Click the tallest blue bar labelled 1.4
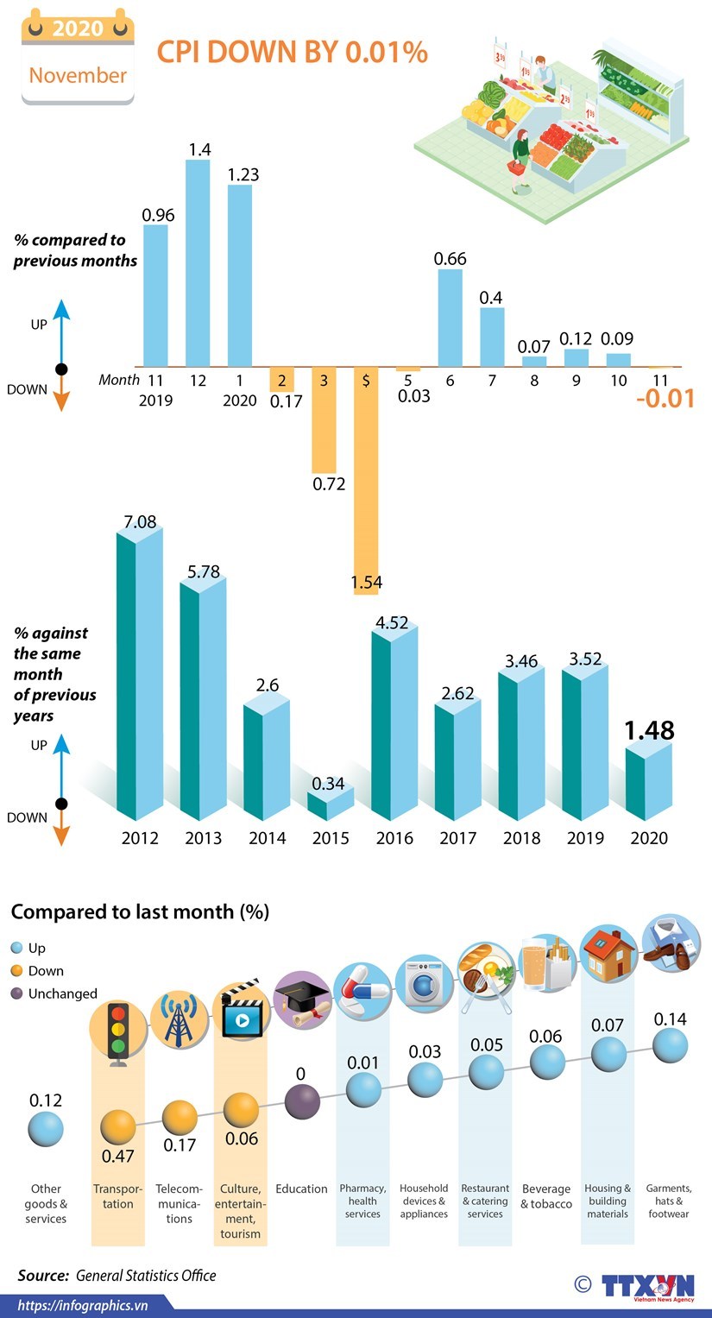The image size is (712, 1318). [x=198, y=263]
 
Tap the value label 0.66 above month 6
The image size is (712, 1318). [x=450, y=258]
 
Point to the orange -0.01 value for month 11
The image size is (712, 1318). [x=665, y=399]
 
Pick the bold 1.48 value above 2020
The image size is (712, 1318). [x=649, y=730]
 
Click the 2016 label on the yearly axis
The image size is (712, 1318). [x=394, y=838]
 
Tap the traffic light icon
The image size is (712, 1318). [x=117, y=1031]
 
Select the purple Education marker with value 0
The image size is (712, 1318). [x=302, y=1102]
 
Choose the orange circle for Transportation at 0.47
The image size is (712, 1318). [x=117, y=1126]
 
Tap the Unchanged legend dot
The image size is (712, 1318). [x=16, y=993]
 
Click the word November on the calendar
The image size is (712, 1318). [x=78, y=75]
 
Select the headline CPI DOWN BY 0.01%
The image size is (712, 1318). [x=292, y=53]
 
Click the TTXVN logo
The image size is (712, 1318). [x=647, y=1286]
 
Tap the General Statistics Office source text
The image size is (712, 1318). [x=146, y=1276]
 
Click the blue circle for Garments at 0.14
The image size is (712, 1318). [x=670, y=1046]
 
